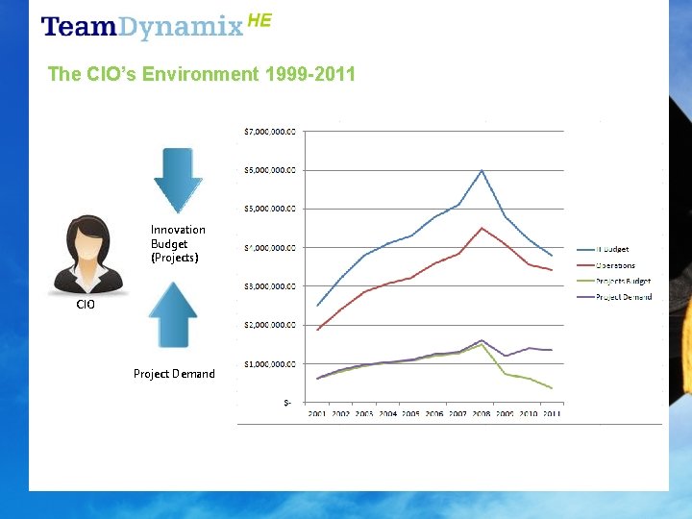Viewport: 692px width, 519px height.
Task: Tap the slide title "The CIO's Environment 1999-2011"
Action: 201,74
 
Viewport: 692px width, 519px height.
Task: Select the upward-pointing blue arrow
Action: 173,314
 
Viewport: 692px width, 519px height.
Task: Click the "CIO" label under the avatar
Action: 86,305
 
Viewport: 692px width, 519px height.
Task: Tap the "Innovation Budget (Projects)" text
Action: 178,243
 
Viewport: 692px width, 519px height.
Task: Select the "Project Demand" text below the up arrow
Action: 174,373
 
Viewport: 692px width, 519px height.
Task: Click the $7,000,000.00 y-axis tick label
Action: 269,131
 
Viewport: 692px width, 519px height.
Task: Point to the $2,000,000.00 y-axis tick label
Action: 269,325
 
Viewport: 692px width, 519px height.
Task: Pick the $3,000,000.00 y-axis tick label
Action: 269,286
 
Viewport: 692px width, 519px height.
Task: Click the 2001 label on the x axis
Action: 317,414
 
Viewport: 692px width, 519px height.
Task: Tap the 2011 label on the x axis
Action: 552,414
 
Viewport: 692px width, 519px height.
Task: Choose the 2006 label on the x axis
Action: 434,414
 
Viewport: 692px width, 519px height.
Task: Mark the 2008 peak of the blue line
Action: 482,170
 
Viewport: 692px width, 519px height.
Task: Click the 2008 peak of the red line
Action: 482,228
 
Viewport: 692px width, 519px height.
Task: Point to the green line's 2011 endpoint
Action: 552,387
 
